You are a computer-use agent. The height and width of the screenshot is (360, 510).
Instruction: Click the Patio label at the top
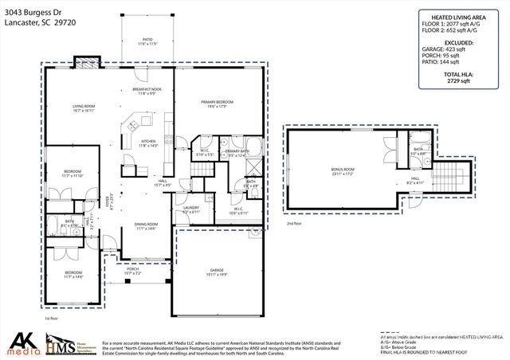(147, 38)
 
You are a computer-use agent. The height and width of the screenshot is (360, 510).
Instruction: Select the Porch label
(133, 270)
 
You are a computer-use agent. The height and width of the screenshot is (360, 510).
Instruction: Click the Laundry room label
(191, 210)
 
